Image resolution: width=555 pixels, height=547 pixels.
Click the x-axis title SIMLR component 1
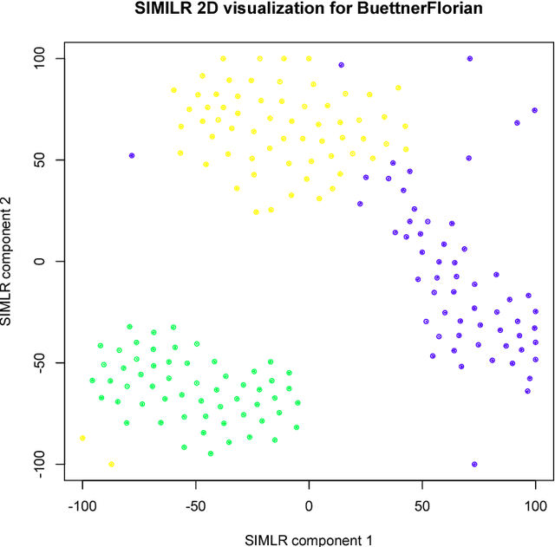(x=309, y=540)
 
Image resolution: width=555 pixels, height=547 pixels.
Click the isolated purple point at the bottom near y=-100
(x=474, y=465)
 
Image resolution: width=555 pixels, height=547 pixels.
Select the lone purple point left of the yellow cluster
(x=132, y=156)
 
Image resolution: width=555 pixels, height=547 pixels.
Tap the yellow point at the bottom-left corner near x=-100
(x=82, y=439)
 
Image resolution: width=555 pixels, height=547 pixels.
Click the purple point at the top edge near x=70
(x=470, y=59)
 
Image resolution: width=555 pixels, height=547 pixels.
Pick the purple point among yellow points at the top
(x=341, y=65)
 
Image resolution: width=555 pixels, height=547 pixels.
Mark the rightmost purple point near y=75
(x=534, y=110)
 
